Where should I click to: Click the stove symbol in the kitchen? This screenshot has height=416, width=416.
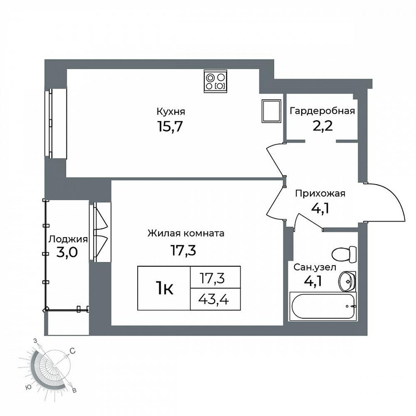(215, 82)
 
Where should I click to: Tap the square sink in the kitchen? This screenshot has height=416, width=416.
(271, 111)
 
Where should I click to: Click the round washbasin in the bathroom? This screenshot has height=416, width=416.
(347, 282)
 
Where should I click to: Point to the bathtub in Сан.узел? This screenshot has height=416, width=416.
(323, 306)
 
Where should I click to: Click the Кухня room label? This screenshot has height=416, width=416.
(171, 112)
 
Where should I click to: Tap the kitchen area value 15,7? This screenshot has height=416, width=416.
(170, 126)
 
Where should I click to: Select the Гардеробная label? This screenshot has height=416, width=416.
(322, 111)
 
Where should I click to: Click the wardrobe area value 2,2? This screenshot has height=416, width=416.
(322, 126)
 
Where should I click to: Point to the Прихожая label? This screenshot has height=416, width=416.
(320, 193)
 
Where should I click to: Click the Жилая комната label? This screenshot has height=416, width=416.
(186, 233)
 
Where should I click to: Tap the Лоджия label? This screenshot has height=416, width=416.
(68, 239)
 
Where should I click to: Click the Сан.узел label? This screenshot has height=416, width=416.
(315, 267)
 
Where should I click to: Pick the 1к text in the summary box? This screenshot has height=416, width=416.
(164, 289)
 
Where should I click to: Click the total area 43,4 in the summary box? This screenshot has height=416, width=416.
(214, 300)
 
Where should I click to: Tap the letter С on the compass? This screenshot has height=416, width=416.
(72, 351)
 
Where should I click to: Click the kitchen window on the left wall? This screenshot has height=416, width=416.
(56, 123)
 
